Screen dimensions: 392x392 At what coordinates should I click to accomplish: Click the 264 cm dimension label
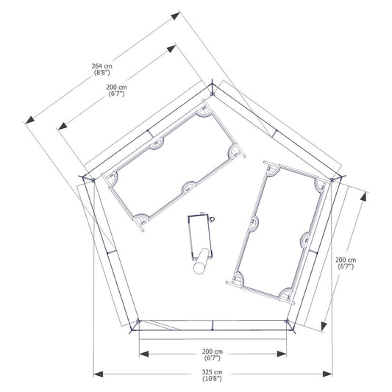pos(102,66)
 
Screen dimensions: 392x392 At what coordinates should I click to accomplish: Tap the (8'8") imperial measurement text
pos(102,73)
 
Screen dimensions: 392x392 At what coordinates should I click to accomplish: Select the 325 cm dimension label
pos(212,372)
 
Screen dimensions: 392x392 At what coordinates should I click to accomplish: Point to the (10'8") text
pos(212,379)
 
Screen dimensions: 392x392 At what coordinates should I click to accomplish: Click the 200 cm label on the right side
pos(346,260)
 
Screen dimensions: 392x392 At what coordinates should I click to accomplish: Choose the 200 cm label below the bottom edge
pos(213,352)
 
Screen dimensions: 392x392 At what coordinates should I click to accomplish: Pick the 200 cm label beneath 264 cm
pos(116,88)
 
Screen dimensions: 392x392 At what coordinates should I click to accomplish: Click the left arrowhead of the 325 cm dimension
pos(99,374)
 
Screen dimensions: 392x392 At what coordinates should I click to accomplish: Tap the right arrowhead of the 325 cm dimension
pos(327,374)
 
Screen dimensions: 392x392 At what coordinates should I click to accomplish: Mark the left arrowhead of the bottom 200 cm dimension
pos(144,354)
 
